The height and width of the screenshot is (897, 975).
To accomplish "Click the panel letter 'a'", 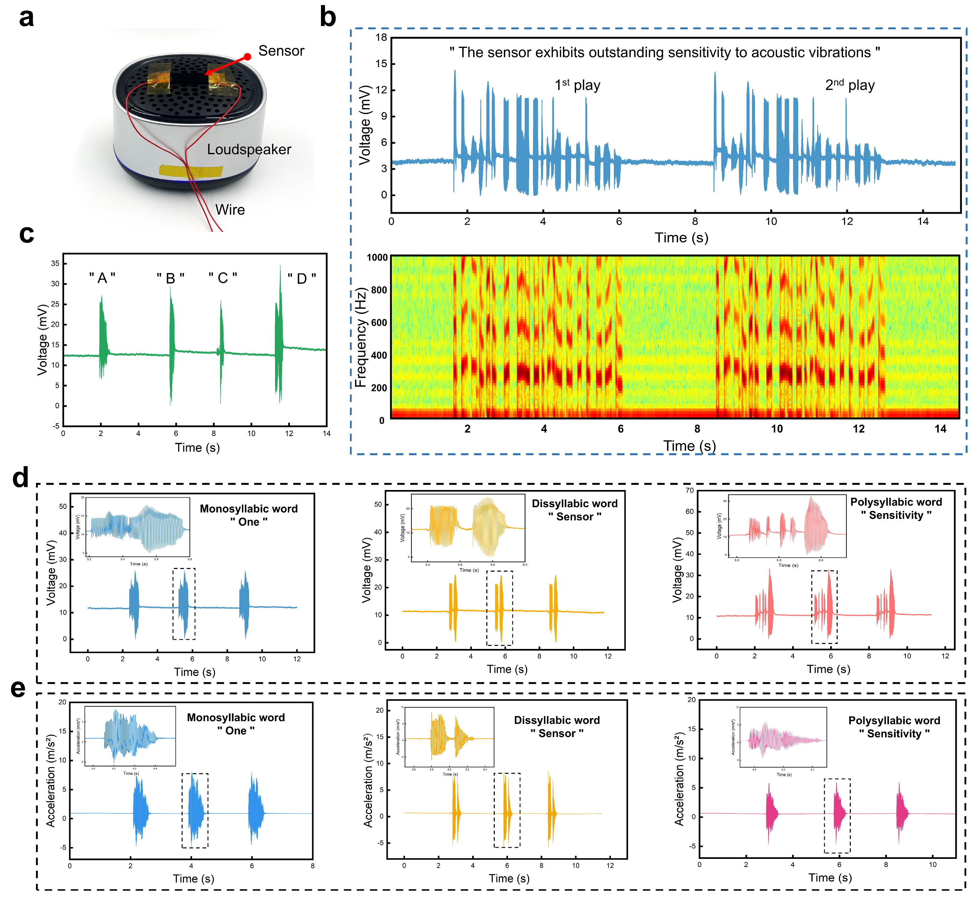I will pos(27,19).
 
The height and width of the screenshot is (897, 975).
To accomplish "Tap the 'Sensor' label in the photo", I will pos(281,51).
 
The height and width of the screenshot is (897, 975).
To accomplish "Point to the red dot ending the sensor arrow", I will pos(247,57).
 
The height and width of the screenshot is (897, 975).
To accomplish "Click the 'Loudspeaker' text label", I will pos(249,149).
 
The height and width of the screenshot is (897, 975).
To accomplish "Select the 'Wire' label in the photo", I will pos(230,210).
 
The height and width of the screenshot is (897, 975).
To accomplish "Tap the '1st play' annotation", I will pos(577,85).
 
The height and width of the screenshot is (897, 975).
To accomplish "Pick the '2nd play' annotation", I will pos(850,85).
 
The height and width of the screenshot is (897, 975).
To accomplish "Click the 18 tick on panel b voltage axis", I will pos(381,38).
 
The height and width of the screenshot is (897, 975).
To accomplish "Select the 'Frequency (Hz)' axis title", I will pos(360,338).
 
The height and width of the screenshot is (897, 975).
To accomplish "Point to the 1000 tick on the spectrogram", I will pos(377,258).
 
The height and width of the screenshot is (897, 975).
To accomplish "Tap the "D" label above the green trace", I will pos(301,279).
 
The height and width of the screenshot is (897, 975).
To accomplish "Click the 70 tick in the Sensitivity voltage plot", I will pos(689,490).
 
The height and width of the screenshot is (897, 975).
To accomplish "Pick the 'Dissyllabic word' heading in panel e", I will pos(557,720).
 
